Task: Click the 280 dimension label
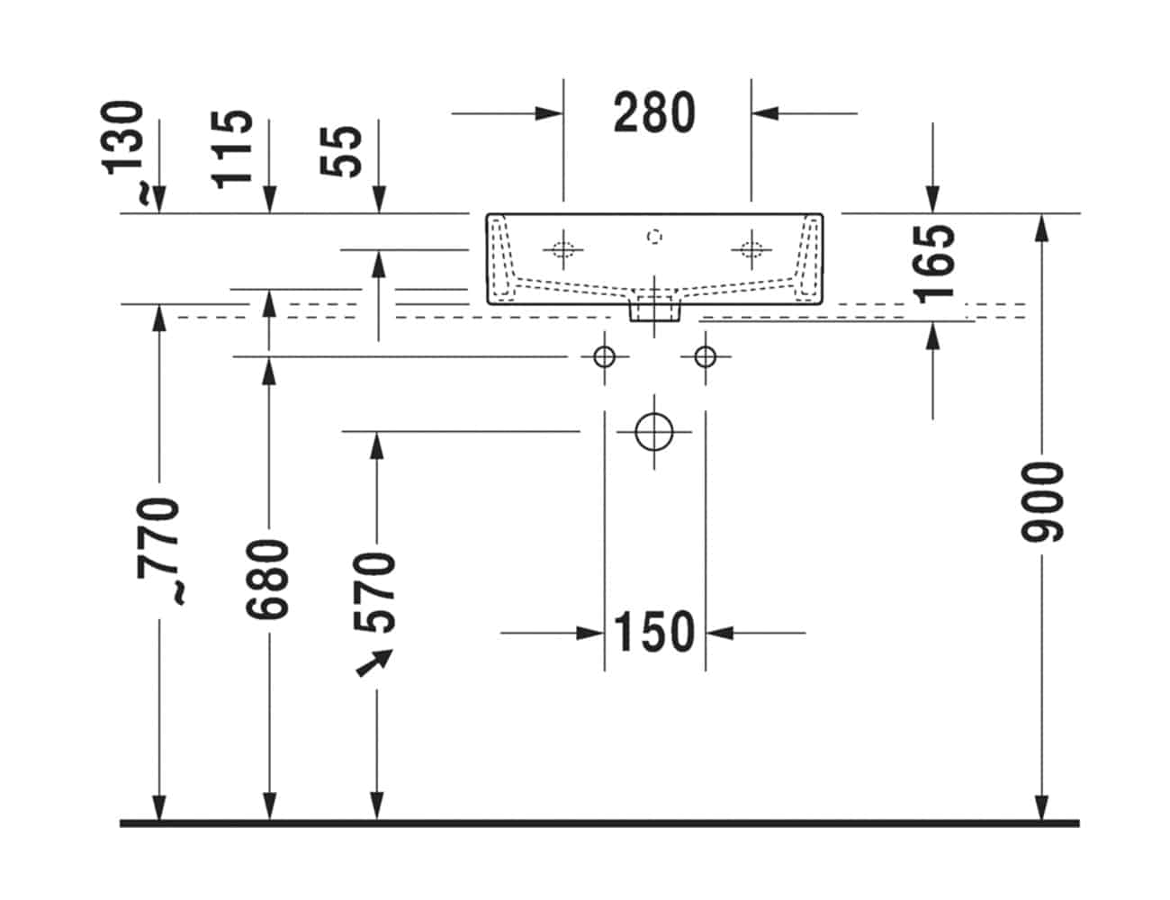tap(654, 113)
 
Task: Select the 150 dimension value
tap(654, 632)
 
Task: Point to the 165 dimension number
tap(932, 262)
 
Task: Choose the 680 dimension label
tap(268, 579)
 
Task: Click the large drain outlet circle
tap(654, 432)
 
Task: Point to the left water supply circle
tap(604, 357)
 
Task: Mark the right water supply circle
tap(706, 357)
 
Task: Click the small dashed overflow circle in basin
tap(654, 237)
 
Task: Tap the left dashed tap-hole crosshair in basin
tap(563, 249)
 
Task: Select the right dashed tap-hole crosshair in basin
tap(751, 249)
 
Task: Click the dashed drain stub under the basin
tap(654, 310)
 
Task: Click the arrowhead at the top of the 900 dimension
tap(1041, 227)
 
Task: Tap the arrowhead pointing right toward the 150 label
tap(589, 633)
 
